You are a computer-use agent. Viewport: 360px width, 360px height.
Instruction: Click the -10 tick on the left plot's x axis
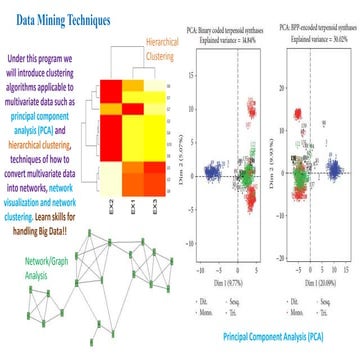[x=203, y=271]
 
